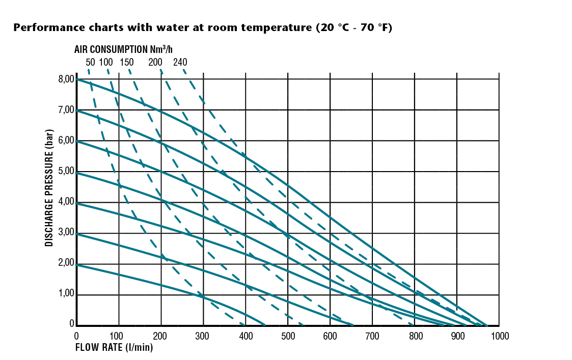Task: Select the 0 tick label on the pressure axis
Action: pyautogui.click(x=72, y=323)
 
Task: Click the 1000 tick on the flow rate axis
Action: pyautogui.click(x=499, y=336)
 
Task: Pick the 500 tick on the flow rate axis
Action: pyautogui.click(x=288, y=336)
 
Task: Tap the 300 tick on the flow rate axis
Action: pyautogui.click(x=203, y=336)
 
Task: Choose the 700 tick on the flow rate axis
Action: pyautogui.click(x=372, y=336)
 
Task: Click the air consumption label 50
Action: pyautogui.click(x=90, y=63)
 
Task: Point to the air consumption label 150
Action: pyautogui.click(x=126, y=63)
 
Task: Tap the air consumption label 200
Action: pyautogui.click(x=155, y=63)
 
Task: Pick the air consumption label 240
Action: pyautogui.click(x=180, y=63)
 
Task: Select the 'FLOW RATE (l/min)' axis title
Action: pyautogui.click(x=114, y=348)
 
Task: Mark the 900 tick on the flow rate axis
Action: pyautogui.click(x=457, y=336)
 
